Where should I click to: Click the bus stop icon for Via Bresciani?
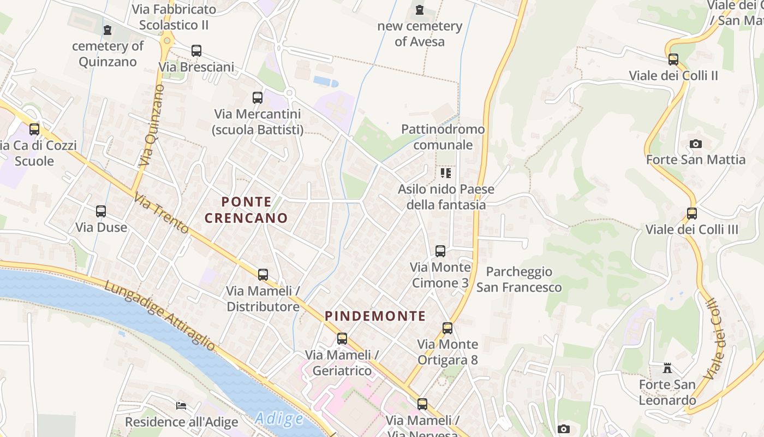pyautogui.click(x=196, y=51)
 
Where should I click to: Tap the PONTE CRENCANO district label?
pyautogui.click(x=246, y=210)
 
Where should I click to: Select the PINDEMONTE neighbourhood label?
pyautogui.click(x=375, y=316)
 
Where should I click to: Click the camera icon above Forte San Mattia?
pyautogui.click(x=696, y=144)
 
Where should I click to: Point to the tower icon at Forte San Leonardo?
pyautogui.click(x=667, y=368)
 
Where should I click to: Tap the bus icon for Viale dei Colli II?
pyautogui.click(x=673, y=60)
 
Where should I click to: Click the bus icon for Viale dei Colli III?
pyautogui.click(x=692, y=214)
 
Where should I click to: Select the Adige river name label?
pyautogui.click(x=279, y=419)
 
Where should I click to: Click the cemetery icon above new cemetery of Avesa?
pyautogui.click(x=419, y=10)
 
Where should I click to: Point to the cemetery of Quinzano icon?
pyautogui.click(x=108, y=30)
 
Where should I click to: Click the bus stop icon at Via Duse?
pyautogui.click(x=101, y=211)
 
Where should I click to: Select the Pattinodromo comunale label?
pyautogui.click(x=443, y=137)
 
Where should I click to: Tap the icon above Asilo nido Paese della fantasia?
pyautogui.click(x=446, y=173)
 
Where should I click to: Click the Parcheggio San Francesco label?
pyautogui.click(x=518, y=279)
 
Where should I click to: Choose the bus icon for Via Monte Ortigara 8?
pyautogui.click(x=447, y=328)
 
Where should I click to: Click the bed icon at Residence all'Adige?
pyautogui.click(x=181, y=406)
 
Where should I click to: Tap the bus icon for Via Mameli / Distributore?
pyautogui.click(x=263, y=275)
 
